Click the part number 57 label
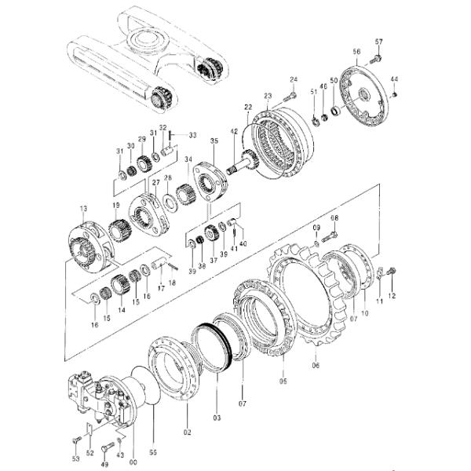tap(378, 41)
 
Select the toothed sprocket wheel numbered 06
tap(310, 302)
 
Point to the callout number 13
tap(83, 208)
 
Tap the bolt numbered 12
tap(392, 272)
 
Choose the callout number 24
tap(294, 79)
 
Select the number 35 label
tap(214, 141)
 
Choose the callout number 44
tap(394, 80)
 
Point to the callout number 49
tap(104, 464)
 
